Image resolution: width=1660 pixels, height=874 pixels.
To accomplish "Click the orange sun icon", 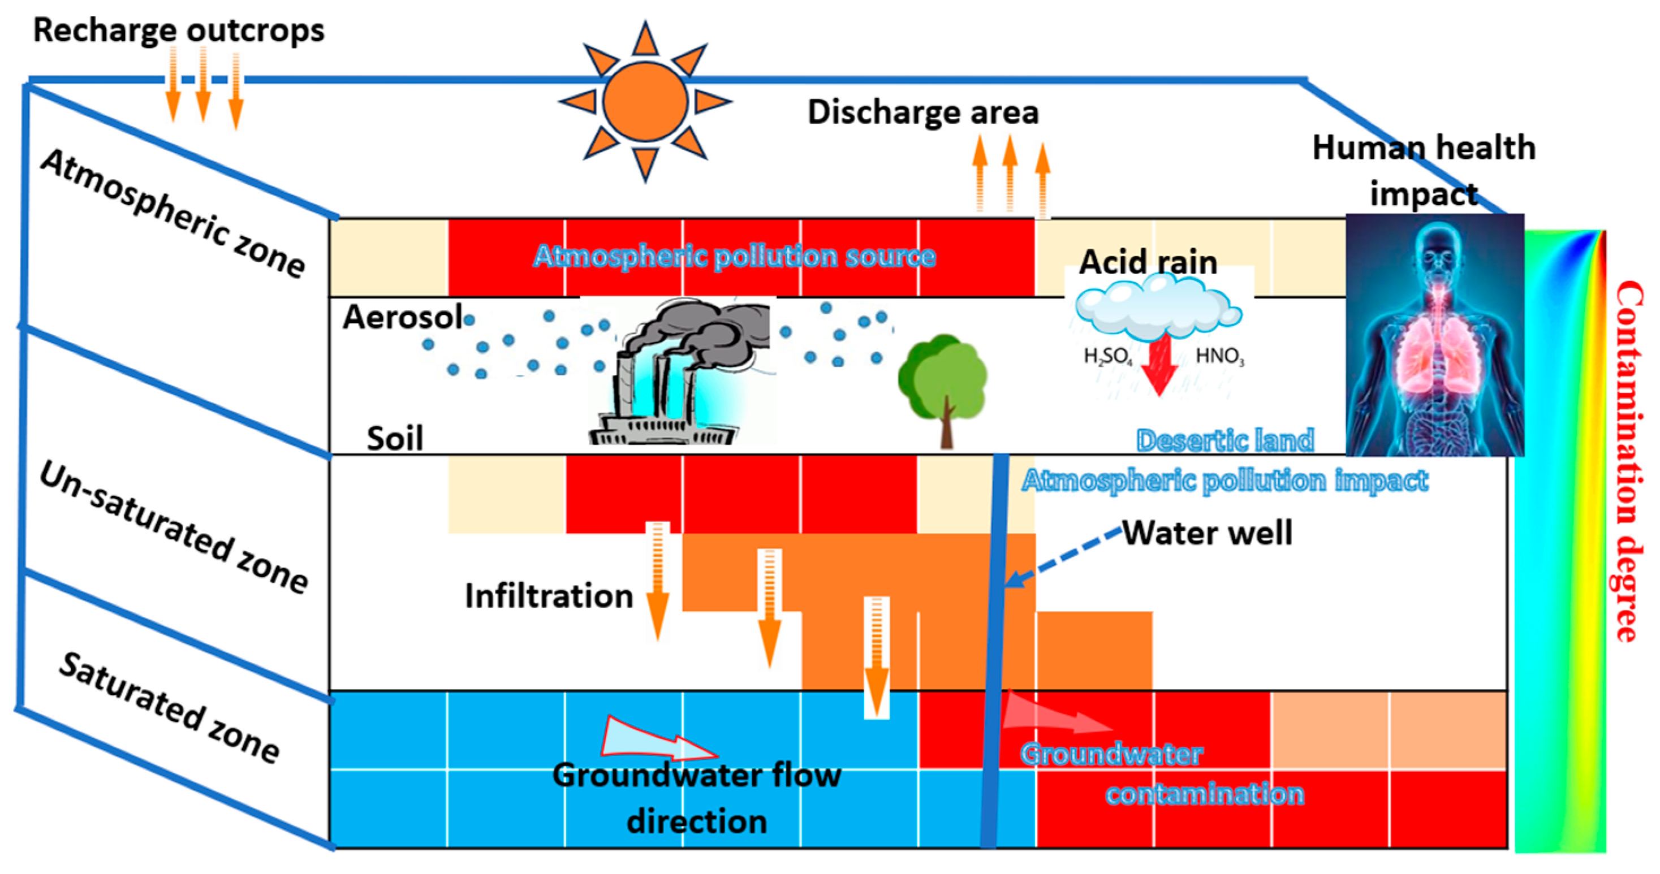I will click(x=645, y=102).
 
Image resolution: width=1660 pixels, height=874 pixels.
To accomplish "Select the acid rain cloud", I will click(x=1158, y=311).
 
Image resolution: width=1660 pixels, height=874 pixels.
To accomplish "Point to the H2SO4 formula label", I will click(x=1107, y=356).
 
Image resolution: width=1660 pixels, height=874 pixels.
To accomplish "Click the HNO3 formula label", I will click(x=1220, y=356).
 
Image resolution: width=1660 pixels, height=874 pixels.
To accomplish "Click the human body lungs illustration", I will click(x=1434, y=335).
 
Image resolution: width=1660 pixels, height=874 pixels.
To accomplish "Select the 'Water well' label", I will click(x=1207, y=533).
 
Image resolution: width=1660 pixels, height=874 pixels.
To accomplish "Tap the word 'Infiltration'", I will click(x=549, y=596).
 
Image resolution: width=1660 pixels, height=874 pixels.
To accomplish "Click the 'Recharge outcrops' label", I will click(x=179, y=31).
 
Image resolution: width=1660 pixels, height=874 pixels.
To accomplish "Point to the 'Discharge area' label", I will click(x=923, y=112).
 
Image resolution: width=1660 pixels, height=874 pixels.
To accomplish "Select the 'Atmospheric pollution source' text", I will click(x=734, y=256).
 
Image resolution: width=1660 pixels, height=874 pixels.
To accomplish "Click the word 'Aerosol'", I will click(x=402, y=317).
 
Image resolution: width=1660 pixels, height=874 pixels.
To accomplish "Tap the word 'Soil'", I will click(x=394, y=439).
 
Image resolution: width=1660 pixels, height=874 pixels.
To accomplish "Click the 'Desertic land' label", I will click(x=1225, y=440).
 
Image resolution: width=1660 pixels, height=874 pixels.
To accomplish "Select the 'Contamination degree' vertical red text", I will click(x=1628, y=461).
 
